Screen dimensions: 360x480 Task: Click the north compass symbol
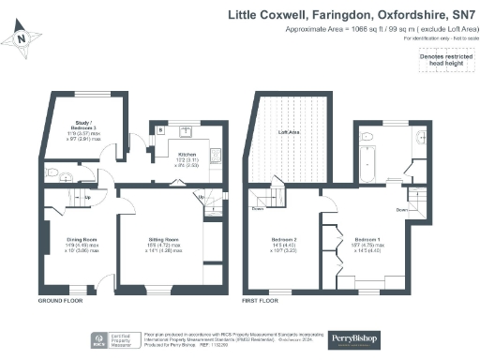22,38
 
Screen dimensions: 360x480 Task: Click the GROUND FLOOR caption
58,303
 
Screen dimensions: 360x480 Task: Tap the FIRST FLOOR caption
261,303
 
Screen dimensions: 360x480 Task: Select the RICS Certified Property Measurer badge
112,339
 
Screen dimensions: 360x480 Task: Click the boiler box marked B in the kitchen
160,131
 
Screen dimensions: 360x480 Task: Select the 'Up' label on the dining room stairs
87,197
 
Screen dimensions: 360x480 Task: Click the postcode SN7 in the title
461,16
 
